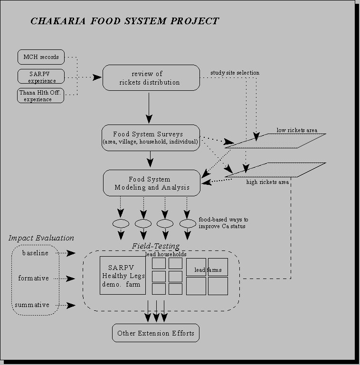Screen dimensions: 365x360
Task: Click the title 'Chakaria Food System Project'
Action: click(124, 21)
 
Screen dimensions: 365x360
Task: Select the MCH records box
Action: click(41, 57)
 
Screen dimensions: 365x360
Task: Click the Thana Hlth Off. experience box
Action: click(41, 96)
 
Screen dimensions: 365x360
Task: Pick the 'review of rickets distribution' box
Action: click(151, 78)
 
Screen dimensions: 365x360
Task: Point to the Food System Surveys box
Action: click(151, 138)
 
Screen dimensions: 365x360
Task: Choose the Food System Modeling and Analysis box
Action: click(152, 183)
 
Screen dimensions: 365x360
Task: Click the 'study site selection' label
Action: click(235, 73)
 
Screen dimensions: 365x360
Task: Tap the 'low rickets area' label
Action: click(297, 130)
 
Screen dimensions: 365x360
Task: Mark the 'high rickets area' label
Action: click(267, 182)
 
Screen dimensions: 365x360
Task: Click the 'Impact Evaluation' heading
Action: click(41, 238)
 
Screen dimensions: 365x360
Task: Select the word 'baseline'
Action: click(35, 253)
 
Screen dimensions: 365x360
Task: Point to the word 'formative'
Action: click(34, 279)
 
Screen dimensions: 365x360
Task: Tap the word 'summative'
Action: click(34, 305)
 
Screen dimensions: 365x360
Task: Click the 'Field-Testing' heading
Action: click(156, 246)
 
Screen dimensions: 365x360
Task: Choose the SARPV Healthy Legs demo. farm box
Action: click(123, 276)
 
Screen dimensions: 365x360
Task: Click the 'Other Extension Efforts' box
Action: click(156, 333)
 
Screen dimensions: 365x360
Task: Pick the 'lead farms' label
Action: click(208, 270)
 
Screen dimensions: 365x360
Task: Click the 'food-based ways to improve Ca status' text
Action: click(223, 223)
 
